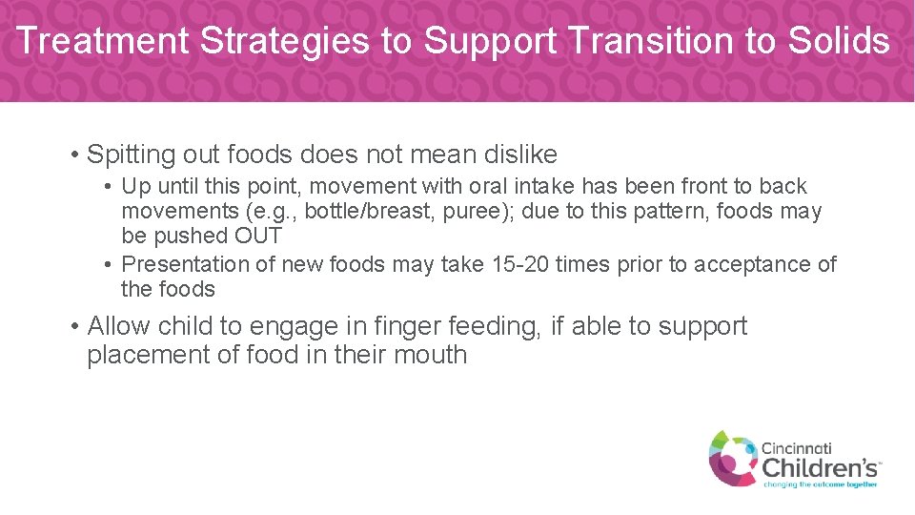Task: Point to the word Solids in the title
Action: click(x=839, y=41)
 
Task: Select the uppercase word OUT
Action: click(x=256, y=237)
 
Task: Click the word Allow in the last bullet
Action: click(x=119, y=326)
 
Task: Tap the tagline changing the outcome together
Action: click(x=820, y=484)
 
